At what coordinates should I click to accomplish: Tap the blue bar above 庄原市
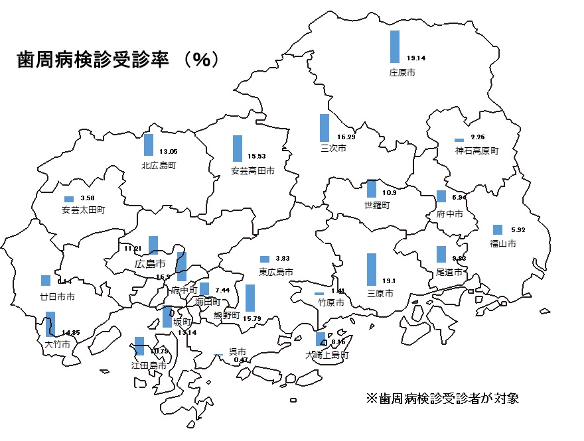(x=395, y=46)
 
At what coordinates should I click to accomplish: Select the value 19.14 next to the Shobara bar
(x=416, y=58)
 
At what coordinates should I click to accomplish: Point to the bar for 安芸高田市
(x=237, y=149)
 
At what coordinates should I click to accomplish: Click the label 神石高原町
(x=476, y=151)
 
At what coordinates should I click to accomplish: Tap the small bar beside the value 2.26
(x=459, y=140)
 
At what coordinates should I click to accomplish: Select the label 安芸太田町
(x=83, y=210)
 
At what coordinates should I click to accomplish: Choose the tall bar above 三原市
(x=372, y=269)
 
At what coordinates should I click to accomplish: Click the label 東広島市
(x=276, y=272)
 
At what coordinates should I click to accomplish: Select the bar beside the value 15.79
(x=250, y=298)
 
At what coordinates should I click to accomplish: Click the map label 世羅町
(x=377, y=206)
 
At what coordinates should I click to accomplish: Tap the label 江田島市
(x=149, y=365)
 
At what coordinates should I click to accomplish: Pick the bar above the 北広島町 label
(x=149, y=145)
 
